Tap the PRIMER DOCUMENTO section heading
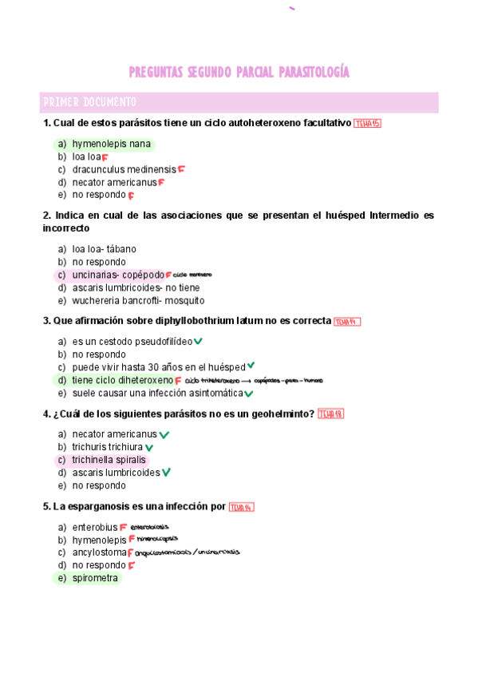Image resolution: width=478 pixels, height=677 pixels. pos(89,102)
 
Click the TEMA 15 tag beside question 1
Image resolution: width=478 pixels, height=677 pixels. pos(367,123)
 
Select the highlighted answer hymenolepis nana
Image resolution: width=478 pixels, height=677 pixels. pos(111,144)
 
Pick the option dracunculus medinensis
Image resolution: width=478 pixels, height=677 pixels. pos(124,169)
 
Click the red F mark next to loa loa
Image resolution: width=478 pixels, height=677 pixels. pos(105,157)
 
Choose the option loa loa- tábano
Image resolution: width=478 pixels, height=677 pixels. pos(104,249)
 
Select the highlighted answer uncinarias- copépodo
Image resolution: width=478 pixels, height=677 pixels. pos(117,275)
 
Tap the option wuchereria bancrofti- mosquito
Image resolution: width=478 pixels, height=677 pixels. pos(138,300)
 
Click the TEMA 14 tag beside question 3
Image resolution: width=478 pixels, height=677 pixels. pos(347,321)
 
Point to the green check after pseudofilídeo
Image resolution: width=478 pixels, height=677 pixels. pos(198,342)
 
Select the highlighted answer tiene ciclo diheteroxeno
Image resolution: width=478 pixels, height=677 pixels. pos(122,380)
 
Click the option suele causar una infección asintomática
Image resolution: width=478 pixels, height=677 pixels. pos(157,393)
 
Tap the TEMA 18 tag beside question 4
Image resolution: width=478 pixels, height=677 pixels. pos(330,414)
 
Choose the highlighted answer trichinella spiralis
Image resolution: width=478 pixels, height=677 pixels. pos(109,460)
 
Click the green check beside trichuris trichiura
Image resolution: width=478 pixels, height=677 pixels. pos(149,448)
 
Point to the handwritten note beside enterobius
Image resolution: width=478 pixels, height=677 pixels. pos(149,527)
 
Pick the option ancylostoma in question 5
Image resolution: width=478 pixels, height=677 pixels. pos(99,552)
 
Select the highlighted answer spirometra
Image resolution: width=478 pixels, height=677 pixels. pos(95,578)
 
